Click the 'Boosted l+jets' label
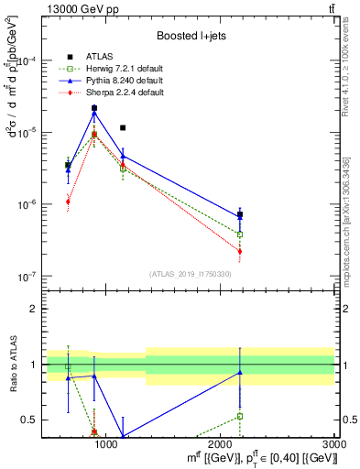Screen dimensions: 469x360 coord(190,36)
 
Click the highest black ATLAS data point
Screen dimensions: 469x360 coord(94,108)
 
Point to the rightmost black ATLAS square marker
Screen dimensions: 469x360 coord(240,215)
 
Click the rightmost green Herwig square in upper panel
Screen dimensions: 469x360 coord(240,234)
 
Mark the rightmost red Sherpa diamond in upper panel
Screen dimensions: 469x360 coord(240,251)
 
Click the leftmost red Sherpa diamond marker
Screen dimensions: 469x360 coord(68,202)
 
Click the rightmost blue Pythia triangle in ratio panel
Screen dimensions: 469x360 coord(240,372)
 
